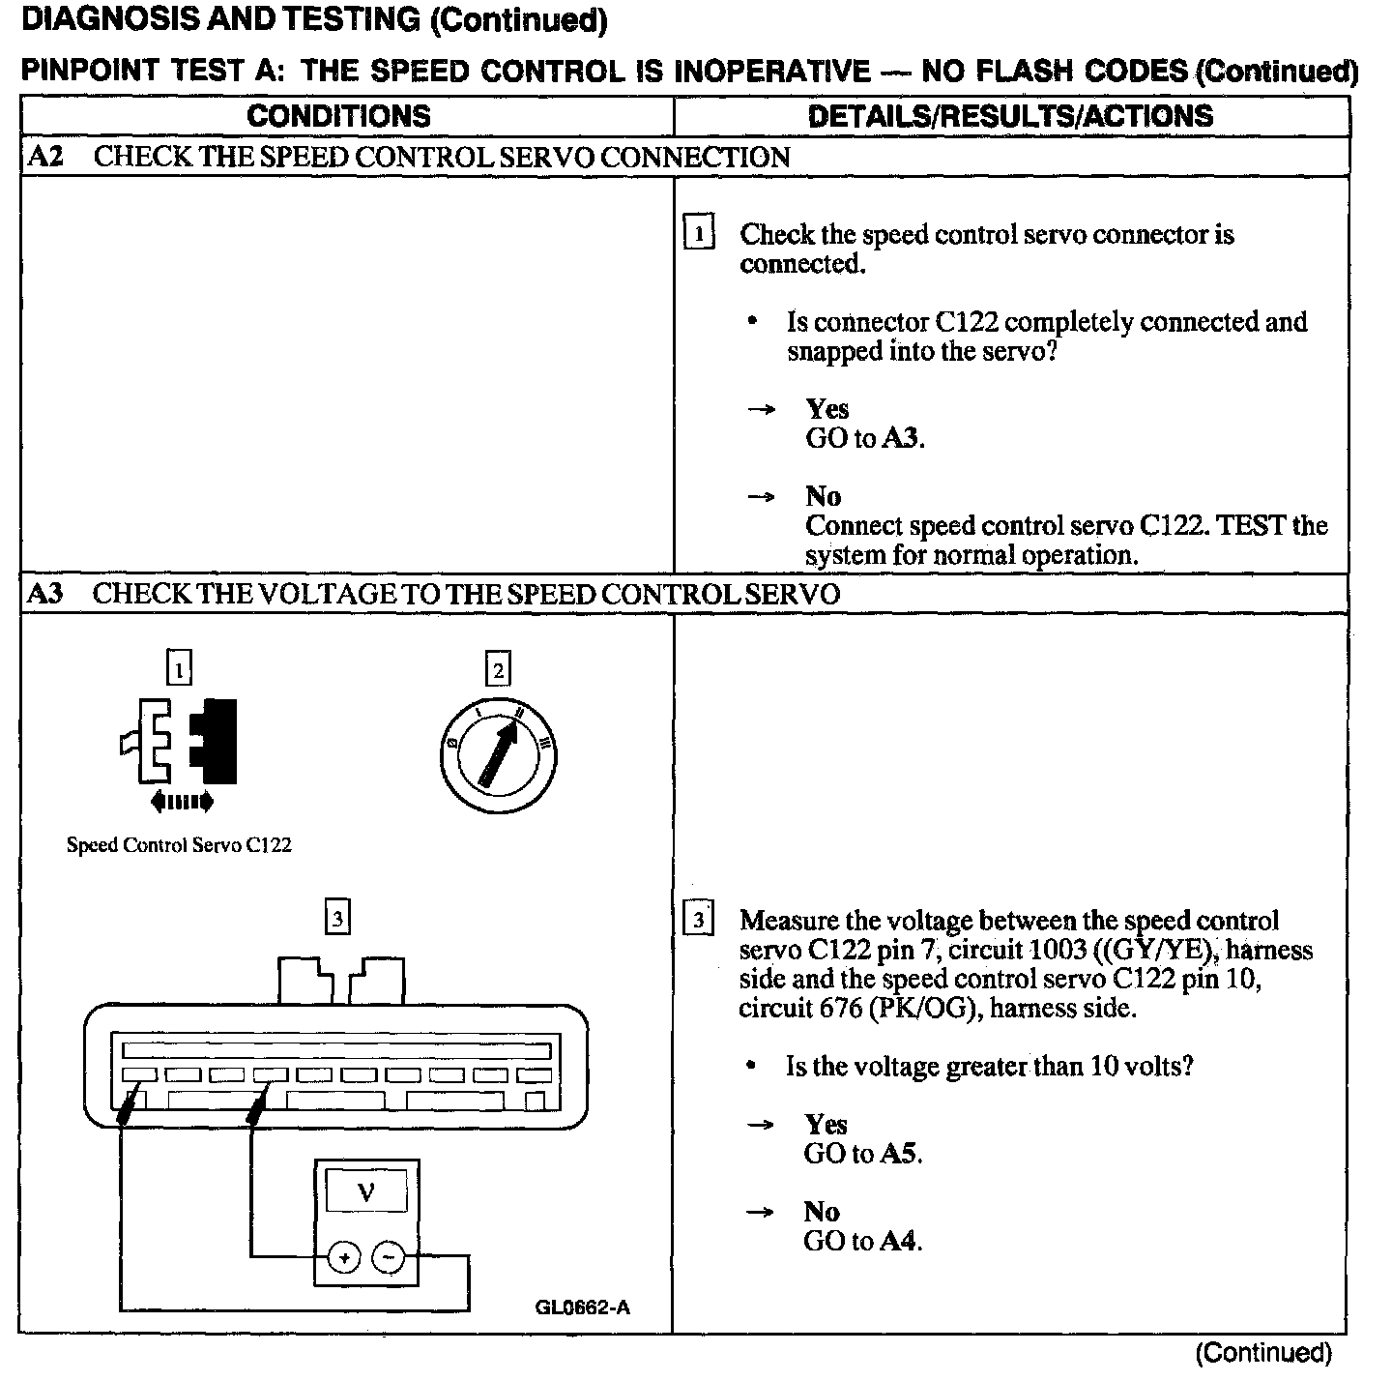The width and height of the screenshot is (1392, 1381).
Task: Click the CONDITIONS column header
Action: click(338, 116)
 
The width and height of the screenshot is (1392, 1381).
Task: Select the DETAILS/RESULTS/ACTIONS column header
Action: click(1010, 116)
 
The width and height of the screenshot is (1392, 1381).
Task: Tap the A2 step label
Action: click(44, 157)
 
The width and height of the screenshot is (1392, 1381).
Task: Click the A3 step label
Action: click(44, 593)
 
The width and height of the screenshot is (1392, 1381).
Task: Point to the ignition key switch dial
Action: click(498, 755)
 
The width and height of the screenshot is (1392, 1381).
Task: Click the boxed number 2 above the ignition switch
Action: click(498, 669)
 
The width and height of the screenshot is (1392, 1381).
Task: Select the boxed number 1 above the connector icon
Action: click(180, 667)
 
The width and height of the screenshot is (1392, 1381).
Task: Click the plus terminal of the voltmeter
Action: click(344, 1257)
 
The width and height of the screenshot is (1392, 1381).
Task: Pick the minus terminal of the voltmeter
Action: click(389, 1257)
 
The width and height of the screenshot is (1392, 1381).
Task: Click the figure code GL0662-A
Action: click(582, 1308)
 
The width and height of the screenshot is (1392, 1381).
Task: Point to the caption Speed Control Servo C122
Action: click(179, 844)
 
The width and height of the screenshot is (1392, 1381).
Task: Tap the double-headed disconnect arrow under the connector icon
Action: click(182, 801)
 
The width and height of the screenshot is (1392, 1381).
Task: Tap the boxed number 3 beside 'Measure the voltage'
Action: click(699, 919)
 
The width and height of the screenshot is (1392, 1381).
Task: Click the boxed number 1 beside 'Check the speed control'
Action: click(699, 234)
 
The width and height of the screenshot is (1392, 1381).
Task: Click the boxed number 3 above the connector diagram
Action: click(337, 918)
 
